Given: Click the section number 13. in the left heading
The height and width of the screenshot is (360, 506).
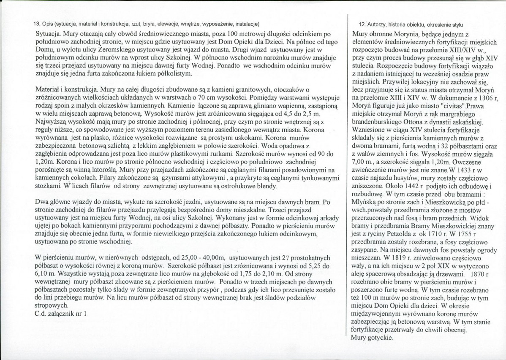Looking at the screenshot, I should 37,23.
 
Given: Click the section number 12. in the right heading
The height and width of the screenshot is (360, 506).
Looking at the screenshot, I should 362,24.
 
